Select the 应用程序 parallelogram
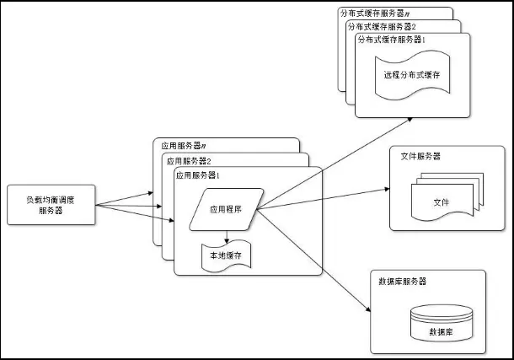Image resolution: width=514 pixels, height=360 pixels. (x=226, y=207)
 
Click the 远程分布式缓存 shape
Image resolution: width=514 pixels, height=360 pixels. (x=410, y=74)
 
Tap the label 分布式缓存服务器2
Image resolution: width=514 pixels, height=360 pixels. (x=383, y=26)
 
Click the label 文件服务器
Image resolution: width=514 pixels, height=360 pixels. (x=420, y=157)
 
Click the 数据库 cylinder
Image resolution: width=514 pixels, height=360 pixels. (x=441, y=325)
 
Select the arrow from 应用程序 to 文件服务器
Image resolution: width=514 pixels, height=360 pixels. (x=320, y=199)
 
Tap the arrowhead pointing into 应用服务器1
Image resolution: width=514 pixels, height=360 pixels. (x=170, y=220)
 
